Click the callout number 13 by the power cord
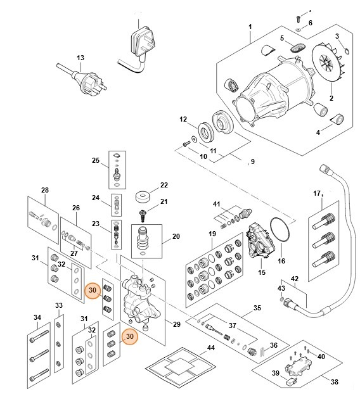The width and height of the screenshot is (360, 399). click(x=80, y=58)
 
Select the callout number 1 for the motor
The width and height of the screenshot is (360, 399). click(x=250, y=27)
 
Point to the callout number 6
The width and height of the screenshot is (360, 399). click(x=311, y=23)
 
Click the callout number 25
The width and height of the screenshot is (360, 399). click(x=96, y=160)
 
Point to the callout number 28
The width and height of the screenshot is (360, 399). click(x=44, y=190)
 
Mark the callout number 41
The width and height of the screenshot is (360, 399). click(x=216, y=204)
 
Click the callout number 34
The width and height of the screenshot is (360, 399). click(x=37, y=317)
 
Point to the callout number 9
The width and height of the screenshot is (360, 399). click(x=252, y=161)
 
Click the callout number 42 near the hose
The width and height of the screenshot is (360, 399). click(x=294, y=279)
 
